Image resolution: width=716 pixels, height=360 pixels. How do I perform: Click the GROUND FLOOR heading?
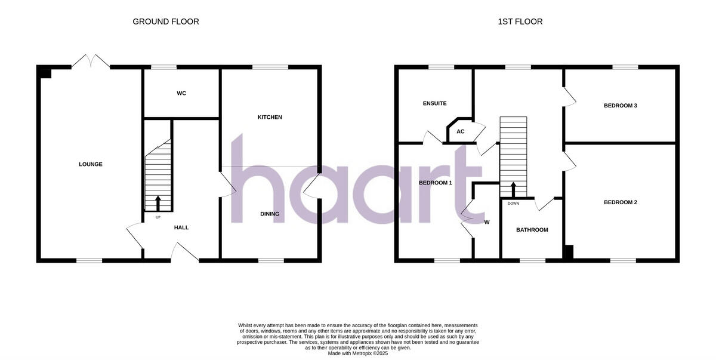pos(165,21)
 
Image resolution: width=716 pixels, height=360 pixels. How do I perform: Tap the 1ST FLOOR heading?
pos(520,21)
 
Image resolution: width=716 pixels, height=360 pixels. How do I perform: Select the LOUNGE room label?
pos(91,164)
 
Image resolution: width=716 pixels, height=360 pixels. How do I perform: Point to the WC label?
pos(181,93)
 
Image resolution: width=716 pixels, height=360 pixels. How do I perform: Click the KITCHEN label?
pos(270,117)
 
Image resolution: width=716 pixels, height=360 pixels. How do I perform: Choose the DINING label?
pos(270,214)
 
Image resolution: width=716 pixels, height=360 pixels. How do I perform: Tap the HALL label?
pos(181,227)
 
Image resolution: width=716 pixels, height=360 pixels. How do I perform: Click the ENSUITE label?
pos(434,103)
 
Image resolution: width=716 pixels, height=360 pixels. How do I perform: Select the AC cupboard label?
pos(461,131)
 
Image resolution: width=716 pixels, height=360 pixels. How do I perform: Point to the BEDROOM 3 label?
pos(621,106)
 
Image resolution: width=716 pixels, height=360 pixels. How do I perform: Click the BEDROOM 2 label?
pos(621,202)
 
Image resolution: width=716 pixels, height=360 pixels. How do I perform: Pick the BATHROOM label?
pos(532,230)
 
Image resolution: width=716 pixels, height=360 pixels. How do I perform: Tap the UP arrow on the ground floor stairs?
pos(158,203)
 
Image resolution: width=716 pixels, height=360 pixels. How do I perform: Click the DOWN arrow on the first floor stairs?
pos(513,190)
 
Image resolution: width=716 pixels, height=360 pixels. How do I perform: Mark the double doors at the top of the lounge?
pos(91,61)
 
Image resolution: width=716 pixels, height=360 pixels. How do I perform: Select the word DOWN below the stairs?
pos(513,204)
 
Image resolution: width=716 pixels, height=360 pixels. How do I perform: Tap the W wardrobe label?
pos(487,223)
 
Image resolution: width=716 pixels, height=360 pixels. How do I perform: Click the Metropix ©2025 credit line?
pos(358,353)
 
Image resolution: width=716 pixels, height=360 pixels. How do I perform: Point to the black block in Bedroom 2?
pos(569,252)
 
